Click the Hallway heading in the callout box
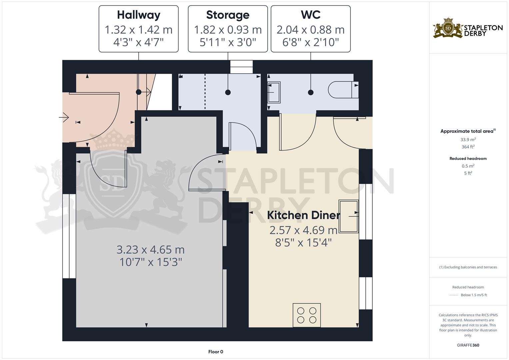[x=139, y=15]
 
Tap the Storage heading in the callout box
[x=228, y=15]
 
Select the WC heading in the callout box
[x=311, y=15]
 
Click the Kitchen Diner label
[x=304, y=215]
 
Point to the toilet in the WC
[x=343, y=90]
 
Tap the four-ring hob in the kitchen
[x=307, y=315]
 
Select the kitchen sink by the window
[x=349, y=216]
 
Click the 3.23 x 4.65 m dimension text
[x=150, y=250]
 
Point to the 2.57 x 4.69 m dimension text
[x=304, y=230]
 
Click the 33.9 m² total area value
[x=468, y=139]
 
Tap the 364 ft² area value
[x=468, y=147]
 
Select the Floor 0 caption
[x=216, y=352]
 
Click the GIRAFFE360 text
[x=468, y=345]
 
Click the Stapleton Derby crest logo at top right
[x=448, y=28]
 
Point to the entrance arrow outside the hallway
[x=64, y=117]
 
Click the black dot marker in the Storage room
[x=228, y=92]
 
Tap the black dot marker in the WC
[x=311, y=92]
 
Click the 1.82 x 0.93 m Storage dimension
[x=228, y=30]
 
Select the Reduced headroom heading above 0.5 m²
[x=468, y=158]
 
